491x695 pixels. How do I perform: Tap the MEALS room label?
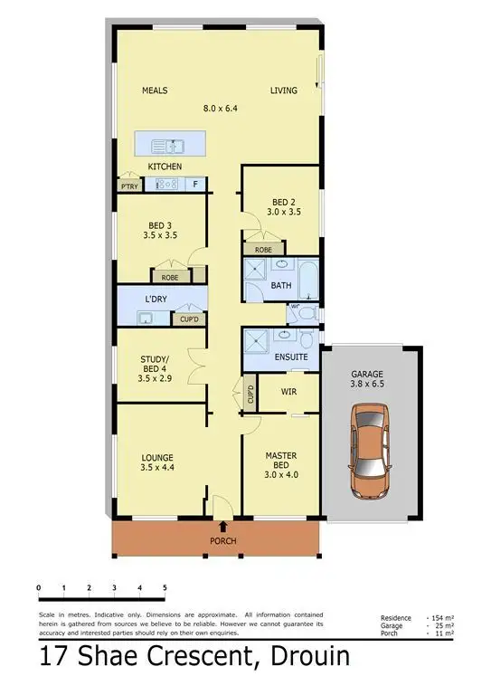click(x=155, y=90)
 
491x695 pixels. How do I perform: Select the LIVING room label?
click(x=284, y=90)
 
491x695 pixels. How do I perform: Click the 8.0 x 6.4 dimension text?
click(x=220, y=109)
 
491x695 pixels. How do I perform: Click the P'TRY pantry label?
click(x=129, y=186)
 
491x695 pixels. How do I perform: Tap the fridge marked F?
click(x=194, y=185)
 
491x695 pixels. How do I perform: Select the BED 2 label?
click(x=284, y=202)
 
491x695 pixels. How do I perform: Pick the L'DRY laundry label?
click(x=157, y=298)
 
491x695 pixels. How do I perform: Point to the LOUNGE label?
click(x=156, y=457)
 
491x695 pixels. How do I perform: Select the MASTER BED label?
click(x=282, y=461)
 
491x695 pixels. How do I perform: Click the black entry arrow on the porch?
click(x=223, y=526)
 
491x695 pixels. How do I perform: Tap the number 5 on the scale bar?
click(x=165, y=588)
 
